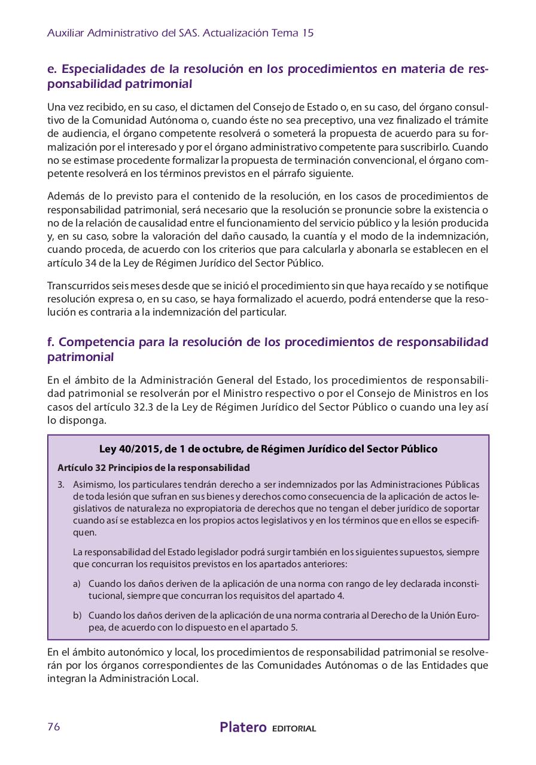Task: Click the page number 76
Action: (x=54, y=727)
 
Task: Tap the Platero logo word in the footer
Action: (x=243, y=727)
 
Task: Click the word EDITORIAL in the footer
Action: (x=294, y=729)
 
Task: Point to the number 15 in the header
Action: (x=307, y=33)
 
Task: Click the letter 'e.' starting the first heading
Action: (x=51, y=69)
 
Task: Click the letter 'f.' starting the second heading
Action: (x=51, y=342)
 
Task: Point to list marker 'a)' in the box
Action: (x=77, y=583)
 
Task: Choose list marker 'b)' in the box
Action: (x=77, y=616)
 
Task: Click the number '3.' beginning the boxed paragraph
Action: (x=61, y=484)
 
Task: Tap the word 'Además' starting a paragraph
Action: (x=65, y=197)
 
